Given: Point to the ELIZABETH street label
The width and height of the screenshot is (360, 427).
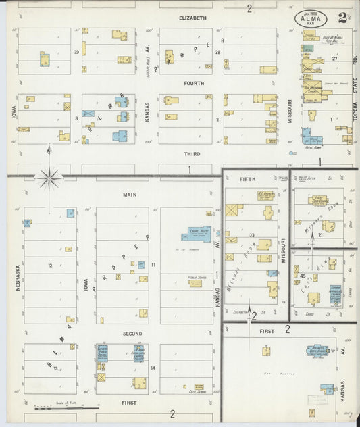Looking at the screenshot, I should (192, 18).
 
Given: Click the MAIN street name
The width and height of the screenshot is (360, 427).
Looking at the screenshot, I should (129, 195).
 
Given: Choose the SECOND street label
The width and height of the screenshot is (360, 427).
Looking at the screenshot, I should (132, 334).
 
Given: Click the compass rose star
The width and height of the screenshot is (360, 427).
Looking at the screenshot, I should (49, 179).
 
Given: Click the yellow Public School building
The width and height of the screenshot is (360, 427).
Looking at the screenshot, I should (195, 283).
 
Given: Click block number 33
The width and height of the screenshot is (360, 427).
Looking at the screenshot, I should (251, 235).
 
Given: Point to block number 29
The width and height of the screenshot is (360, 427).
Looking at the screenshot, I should (76, 51).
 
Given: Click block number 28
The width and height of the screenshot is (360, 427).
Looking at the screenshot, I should (217, 51).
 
